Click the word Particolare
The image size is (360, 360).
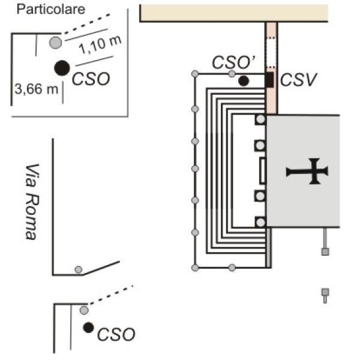(51, 10)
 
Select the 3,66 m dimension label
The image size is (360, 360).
(36, 90)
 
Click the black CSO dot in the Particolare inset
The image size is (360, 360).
(61, 68)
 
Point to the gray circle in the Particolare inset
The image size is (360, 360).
(55, 42)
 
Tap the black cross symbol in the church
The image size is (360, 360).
(307, 172)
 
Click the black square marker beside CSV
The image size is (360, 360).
(270, 79)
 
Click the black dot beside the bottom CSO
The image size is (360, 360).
(88, 327)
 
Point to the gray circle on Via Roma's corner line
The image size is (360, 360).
(78, 269)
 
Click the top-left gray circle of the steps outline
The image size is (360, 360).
(194, 74)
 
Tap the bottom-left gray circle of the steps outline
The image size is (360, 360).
(194, 267)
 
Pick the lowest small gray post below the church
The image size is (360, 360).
(325, 293)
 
